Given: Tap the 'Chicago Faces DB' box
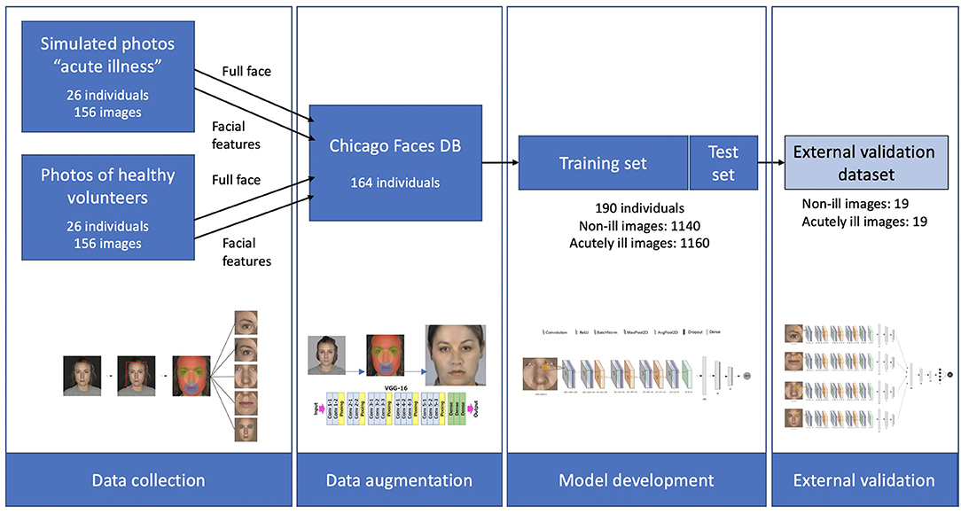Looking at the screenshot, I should (x=395, y=162).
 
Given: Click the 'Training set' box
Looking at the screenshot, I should (x=603, y=163).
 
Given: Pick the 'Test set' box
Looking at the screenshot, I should (x=723, y=163).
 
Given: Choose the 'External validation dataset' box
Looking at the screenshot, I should (x=863, y=163).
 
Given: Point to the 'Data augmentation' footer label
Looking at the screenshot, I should (x=399, y=480).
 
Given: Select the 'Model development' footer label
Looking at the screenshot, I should (x=636, y=480).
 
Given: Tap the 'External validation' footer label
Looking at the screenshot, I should (x=863, y=480).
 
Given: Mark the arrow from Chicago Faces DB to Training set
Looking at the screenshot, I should (x=500, y=163).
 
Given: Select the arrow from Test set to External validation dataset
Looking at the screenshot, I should (x=772, y=163).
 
